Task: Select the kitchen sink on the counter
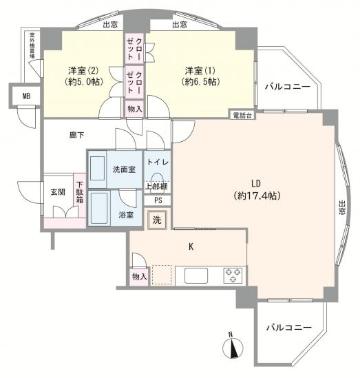point(195,275)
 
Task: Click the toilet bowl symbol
point(158,176)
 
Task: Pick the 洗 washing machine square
point(157,220)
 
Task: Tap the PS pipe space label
point(158,201)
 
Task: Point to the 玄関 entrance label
point(58,192)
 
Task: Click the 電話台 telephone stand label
point(242,114)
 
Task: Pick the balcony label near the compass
point(289,328)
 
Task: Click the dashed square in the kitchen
point(161,275)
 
